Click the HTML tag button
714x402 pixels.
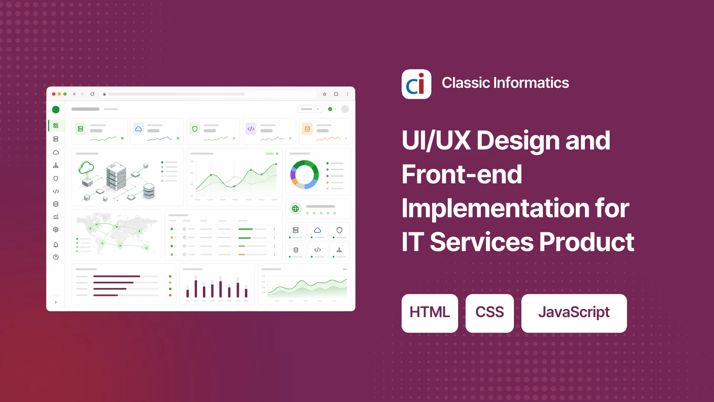pos(430,313)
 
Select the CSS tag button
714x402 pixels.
pos(489,313)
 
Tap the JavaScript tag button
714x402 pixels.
pos(574,313)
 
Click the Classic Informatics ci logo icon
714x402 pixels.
pos(416,84)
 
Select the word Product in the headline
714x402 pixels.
pos(586,242)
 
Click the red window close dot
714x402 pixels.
pos(54,94)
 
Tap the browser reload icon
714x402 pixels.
pos(92,94)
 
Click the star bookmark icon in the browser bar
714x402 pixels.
pos(325,94)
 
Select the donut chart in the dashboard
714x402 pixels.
pos(305,175)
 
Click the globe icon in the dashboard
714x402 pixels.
pos(295,209)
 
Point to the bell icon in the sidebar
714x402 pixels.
pos(56,245)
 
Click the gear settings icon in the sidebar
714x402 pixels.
pos(56,230)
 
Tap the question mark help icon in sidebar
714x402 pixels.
pos(56,257)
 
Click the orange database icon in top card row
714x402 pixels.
pos(307,129)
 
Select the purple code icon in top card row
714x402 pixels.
pos(251,129)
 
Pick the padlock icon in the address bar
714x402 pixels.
pos(104,94)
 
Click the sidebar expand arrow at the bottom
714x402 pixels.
pos(56,302)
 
